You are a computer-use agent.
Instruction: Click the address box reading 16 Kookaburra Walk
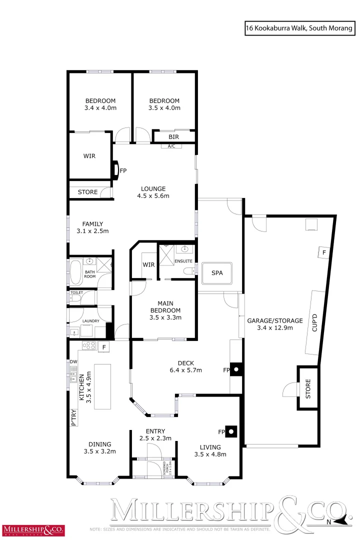click(299, 29)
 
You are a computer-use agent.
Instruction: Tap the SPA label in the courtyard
click(216, 273)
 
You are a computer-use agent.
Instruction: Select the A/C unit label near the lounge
click(171, 146)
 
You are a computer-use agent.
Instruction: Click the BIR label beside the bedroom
click(174, 136)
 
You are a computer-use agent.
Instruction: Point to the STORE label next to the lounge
click(87, 192)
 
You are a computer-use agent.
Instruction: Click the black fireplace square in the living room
click(231, 431)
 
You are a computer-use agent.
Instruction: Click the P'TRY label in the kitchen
click(73, 417)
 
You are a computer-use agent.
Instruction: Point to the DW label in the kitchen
click(73, 361)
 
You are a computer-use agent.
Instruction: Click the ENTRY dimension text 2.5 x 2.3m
click(155, 438)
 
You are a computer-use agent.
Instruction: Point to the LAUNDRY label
click(89, 320)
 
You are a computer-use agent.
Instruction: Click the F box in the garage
click(323, 252)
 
